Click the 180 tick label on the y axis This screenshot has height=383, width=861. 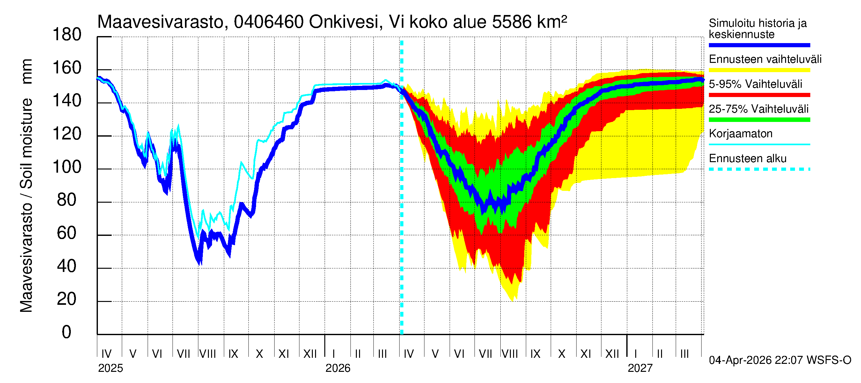click(x=67, y=35)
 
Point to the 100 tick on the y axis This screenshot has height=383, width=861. click(x=67, y=167)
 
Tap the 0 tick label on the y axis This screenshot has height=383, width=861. click(x=67, y=332)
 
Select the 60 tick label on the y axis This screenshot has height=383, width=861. click(x=67, y=233)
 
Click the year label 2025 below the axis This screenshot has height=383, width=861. click(x=111, y=368)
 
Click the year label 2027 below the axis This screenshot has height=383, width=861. click(x=640, y=368)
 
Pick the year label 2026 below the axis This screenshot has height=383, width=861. click(x=338, y=368)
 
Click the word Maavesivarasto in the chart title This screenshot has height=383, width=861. click(x=160, y=22)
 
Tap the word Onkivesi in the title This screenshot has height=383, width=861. click(x=344, y=22)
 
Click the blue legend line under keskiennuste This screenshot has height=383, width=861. click(x=759, y=45)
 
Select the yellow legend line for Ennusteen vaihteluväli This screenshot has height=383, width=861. click(x=759, y=70)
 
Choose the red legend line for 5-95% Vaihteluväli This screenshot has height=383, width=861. click(x=759, y=95)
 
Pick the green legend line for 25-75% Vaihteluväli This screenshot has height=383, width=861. click(x=759, y=120)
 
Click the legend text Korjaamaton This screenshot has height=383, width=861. click(x=740, y=134)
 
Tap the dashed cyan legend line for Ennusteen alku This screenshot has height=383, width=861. click(x=759, y=169)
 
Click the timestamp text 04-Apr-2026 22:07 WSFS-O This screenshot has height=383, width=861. click(x=780, y=360)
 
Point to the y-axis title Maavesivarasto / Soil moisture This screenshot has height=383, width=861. click(x=26, y=186)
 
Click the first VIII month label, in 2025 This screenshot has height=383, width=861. click(x=208, y=354)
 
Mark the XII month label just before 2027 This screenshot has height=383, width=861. click(x=612, y=354)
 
